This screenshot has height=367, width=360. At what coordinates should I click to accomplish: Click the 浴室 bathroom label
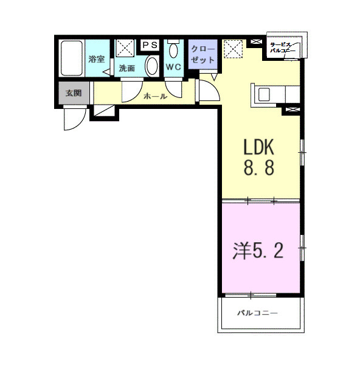click(x=97, y=60)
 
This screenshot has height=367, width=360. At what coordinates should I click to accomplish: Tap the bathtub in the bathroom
click(x=72, y=58)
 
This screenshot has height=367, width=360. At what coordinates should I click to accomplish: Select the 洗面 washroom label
click(x=127, y=69)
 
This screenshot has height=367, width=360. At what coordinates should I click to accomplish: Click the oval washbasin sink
click(x=151, y=66)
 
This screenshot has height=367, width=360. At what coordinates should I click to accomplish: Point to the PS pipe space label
click(x=150, y=44)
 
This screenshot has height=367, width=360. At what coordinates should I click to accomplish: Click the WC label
click(x=173, y=68)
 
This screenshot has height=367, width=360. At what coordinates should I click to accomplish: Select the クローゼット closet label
click(x=203, y=55)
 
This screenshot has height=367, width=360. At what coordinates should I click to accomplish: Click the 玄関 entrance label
click(x=74, y=93)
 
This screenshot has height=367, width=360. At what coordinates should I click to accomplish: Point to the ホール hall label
click(x=155, y=96)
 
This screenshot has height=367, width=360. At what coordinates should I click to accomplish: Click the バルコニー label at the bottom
click(x=257, y=313)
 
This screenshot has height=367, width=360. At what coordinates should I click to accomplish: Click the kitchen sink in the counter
click(x=265, y=94)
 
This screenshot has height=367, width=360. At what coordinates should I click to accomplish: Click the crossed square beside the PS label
click(x=126, y=47)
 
